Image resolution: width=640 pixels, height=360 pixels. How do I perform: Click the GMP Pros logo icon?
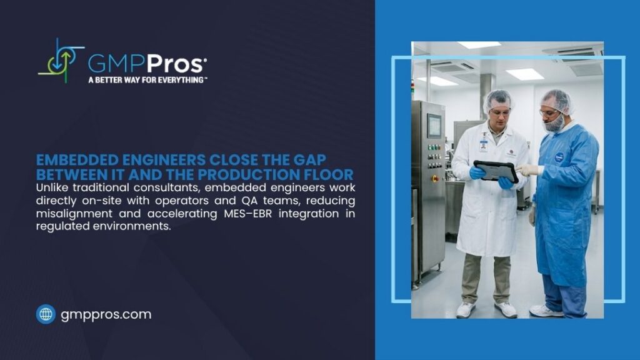tap(61, 61)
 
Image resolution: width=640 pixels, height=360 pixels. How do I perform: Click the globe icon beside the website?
tap(46, 314)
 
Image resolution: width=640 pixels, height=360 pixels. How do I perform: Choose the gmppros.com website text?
tap(106, 314)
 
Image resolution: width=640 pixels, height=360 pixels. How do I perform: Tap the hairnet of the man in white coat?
tap(499, 99)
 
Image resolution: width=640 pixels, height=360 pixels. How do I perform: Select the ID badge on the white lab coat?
tap(483, 145)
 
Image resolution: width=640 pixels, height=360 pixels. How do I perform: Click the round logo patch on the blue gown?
tap(559, 157)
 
